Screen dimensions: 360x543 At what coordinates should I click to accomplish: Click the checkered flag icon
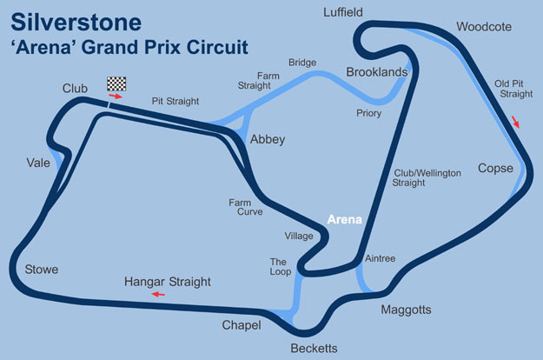[116, 83]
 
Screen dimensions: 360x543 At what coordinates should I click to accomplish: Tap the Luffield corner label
[342, 12]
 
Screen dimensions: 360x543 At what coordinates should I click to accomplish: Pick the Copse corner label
[496, 168]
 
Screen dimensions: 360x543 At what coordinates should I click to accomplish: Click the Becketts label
[314, 349]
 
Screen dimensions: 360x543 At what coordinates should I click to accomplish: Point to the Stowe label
[42, 270]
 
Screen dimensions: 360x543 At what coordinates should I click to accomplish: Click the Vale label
[38, 163]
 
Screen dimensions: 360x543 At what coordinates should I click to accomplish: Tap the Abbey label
[267, 140]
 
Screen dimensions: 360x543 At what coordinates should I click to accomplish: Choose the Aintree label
[381, 259]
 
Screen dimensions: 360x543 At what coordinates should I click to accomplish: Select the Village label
[298, 236]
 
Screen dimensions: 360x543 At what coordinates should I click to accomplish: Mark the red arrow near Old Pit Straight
[518, 122]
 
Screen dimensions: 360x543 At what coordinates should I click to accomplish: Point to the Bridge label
[302, 63]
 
